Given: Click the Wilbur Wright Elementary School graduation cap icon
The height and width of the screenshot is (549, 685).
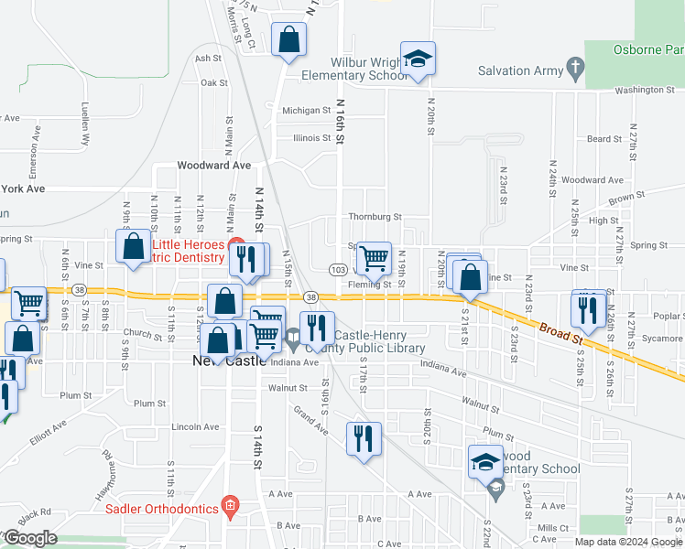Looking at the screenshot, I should click(x=418, y=60).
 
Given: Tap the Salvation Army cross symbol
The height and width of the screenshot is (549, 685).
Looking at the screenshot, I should click(x=574, y=68).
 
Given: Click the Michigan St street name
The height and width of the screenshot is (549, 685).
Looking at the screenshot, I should click(x=306, y=111).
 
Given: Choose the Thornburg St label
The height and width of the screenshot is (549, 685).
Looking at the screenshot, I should click(x=375, y=217).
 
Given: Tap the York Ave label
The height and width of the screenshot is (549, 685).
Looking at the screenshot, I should click(x=23, y=188).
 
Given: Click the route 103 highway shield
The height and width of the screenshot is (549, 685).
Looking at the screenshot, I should click(x=338, y=270).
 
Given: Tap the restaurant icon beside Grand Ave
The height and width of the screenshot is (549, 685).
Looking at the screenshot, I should click(x=363, y=438).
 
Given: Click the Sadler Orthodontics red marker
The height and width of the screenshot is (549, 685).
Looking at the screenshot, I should click(x=231, y=507).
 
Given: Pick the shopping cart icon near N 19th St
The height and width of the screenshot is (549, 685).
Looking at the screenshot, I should click(x=374, y=258).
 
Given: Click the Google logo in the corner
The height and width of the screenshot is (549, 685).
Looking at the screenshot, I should click(x=29, y=538).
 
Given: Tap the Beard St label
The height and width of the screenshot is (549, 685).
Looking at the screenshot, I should click(x=604, y=139).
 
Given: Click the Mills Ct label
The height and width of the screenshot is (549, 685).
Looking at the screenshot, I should click(x=553, y=528).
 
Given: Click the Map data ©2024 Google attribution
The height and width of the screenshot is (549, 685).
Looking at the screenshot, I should click(x=628, y=542).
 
